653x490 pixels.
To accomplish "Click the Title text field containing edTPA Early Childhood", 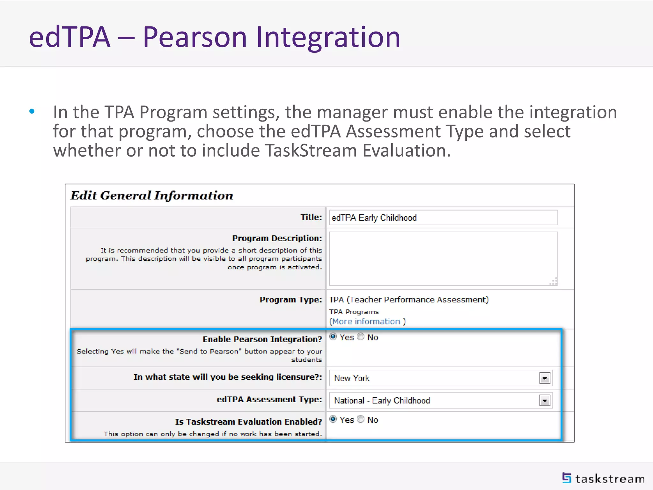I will (x=443, y=218).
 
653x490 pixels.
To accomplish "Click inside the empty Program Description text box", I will (x=443, y=258).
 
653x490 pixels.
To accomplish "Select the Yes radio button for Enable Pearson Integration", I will (x=333, y=337).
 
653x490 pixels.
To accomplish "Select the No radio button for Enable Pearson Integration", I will (x=361, y=337).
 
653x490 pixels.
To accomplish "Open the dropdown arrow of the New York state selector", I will (x=545, y=378).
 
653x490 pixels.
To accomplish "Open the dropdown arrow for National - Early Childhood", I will (x=545, y=400).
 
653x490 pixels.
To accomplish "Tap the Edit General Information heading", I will (x=152, y=195).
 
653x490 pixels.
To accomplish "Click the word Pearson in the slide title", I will (x=195, y=37).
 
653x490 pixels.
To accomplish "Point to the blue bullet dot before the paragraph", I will (x=32, y=111).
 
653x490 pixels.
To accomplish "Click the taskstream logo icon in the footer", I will (x=567, y=478).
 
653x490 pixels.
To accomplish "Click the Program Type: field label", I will (x=290, y=300).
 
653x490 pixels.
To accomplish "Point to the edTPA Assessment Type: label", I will (x=269, y=399).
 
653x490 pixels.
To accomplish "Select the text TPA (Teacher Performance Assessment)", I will (x=409, y=300).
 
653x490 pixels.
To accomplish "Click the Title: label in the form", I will (x=311, y=217).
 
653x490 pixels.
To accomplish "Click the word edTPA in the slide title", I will (x=70, y=37).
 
